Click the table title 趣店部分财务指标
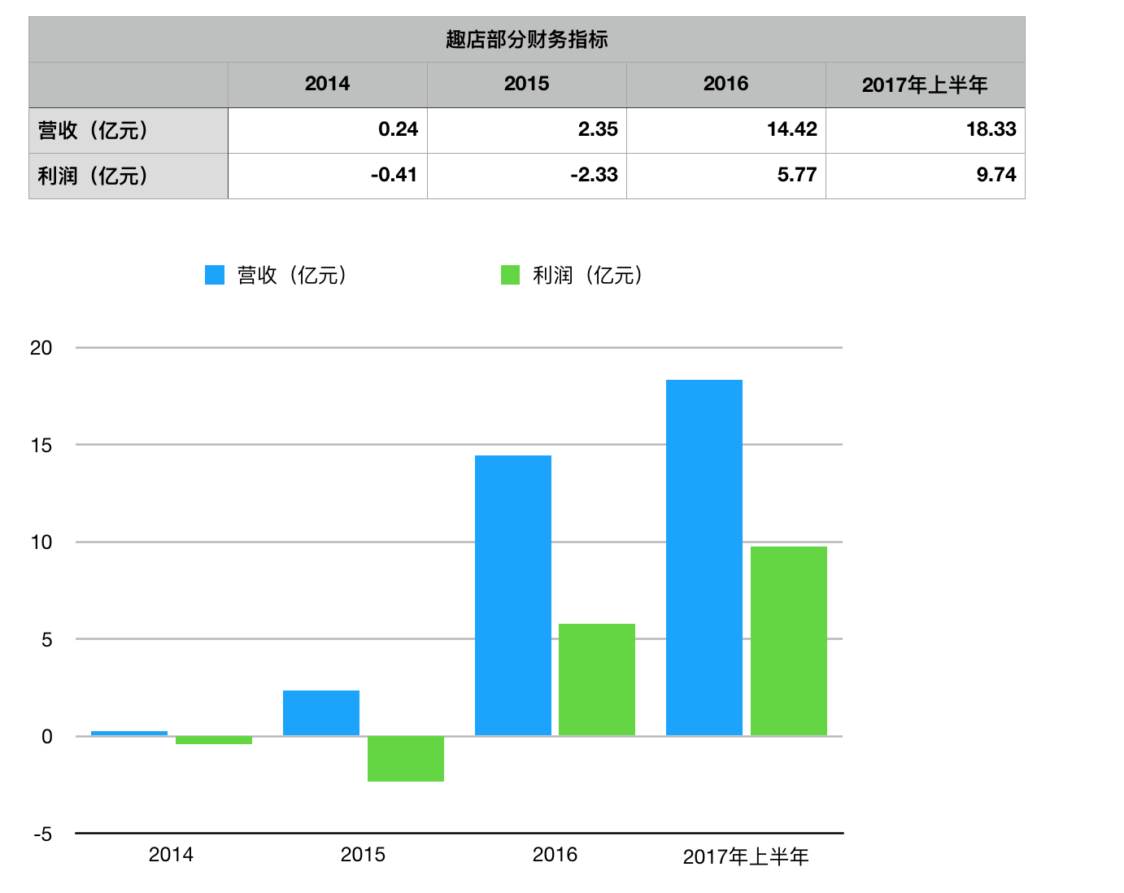pos(526,39)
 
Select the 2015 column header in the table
pos(526,84)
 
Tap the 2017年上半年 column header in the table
pos(925,85)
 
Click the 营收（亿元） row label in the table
pos(94,130)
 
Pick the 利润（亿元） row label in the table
pos(94,176)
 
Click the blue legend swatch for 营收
pos(215,275)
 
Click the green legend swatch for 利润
pos(510,275)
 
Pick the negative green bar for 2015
pos(405,759)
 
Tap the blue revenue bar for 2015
pos(320,713)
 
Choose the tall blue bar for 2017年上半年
pos(704,558)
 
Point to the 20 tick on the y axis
pos(41,348)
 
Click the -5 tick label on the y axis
pos(42,834)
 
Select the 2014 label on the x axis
pos(171,855)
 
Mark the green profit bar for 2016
pos(597,680)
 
